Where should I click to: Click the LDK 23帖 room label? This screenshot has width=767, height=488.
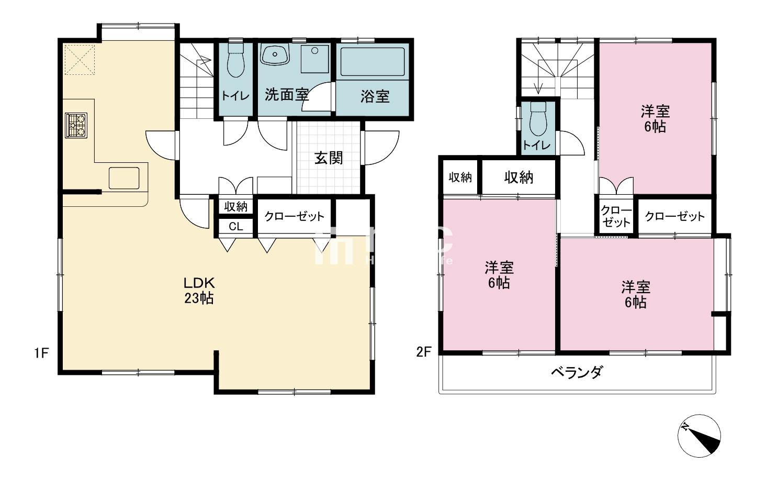tap(199, 291)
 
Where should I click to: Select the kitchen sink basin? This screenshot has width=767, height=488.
tap(124, 178)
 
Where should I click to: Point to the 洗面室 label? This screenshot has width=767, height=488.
tap(286, 95)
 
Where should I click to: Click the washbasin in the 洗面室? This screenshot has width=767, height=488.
tap(275, 54)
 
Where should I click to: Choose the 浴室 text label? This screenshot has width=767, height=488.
tap(375, 96)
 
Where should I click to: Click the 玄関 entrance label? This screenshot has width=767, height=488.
tap(329, 158)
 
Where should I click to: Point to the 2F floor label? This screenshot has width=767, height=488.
tap(423, 352)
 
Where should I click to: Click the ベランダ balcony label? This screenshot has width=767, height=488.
tap(577, 373)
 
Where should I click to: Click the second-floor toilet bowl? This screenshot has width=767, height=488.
tap(537, 118)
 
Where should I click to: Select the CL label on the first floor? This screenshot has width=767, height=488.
tap(236, 227)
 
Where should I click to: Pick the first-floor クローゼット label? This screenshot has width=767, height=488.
tap(294, 216)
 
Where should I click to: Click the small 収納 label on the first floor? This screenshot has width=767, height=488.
tap(236, 206)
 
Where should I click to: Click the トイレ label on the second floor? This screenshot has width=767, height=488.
tap(537, 146)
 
